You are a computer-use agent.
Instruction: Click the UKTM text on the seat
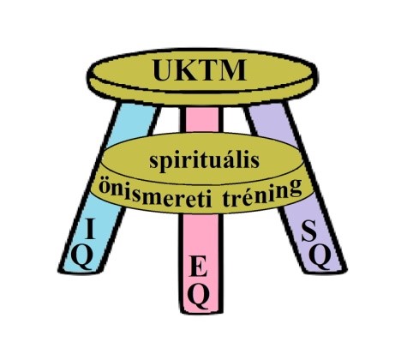(200, 70)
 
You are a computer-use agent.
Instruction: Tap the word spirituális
(205, 161)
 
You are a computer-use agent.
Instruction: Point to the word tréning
(261, 192)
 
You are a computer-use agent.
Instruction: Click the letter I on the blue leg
(90, 228)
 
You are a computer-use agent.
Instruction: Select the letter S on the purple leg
(309, 232)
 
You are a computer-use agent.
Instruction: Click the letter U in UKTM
(164, 70)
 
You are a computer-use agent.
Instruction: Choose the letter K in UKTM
(187, 70)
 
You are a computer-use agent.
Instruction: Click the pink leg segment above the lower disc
(202, 119)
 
